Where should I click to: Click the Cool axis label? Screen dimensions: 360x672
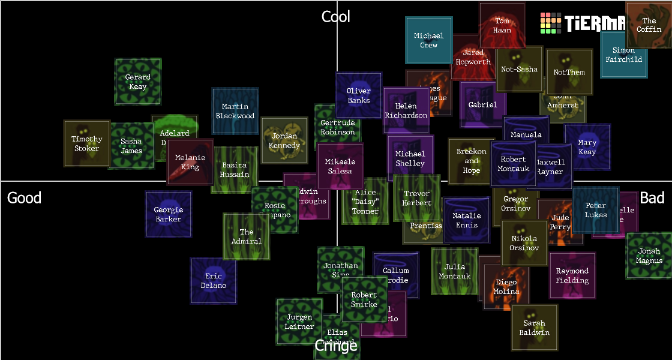pyautogui.click(x=336, y=17)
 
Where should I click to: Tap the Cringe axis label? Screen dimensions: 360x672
pyautogui.click(x=336, y=346)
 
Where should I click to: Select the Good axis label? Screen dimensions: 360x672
pyautogui.click(x=24, y=198)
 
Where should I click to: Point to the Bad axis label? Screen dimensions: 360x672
pyautogui.click(x=652, y=198)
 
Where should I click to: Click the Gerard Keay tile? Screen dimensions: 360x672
pyautogui.click(x=138, y=82)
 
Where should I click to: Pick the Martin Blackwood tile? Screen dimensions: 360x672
pyautogui.click(x=235, y=111)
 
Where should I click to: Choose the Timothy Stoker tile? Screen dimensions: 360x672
pyautogui.click(x=87, y=143)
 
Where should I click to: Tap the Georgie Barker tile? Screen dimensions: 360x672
pyautogui.click(x=169, y=214)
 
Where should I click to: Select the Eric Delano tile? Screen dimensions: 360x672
pyautogui.click(x=214, y=281)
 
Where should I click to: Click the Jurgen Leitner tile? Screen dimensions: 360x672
pyautogui.click(x=299, y=322)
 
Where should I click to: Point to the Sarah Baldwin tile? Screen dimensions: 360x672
pyautogui.click(x=535, y=328)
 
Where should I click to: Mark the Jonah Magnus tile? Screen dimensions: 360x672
pyautogui.click(x=649, y=256)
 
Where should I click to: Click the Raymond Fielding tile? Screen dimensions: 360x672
pyautogui.click(x=572, y=275)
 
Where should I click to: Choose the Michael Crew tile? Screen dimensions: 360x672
pyautogui.click(x=429, y=40)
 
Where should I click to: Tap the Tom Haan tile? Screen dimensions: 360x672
pyautogui.click(x=502, y=25)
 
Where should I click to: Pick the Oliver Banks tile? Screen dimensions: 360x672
pyautogui.click(x=359, y=95)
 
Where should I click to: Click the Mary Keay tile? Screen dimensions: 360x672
pyautogui.click(x=587, y=147)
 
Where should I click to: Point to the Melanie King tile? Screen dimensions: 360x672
pyautogui.click(x=190, y=162)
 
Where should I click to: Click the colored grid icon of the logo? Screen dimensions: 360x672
pyautogui.click(x=551, y=23)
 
